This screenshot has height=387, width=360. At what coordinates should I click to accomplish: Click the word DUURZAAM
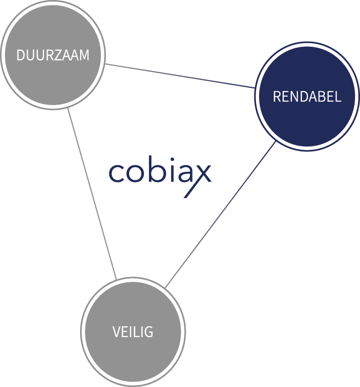click(x=53, y=55)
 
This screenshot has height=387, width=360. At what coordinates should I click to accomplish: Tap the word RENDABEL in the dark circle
click(x=307, y=97)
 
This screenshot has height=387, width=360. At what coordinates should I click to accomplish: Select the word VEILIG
click(x=133, y=332)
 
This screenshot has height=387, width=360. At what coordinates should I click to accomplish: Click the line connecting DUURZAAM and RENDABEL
click(x=180, y=75)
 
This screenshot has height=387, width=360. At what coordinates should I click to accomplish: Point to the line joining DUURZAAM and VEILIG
click(x=92, y=193)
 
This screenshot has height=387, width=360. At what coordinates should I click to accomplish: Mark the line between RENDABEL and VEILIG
click(x=220, y=215)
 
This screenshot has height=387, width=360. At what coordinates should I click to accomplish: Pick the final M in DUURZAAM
click(x=84, y=55)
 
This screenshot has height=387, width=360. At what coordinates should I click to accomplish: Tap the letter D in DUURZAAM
click(x=21, y=55)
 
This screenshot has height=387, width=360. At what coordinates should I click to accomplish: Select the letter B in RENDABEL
click(x=320, y=97)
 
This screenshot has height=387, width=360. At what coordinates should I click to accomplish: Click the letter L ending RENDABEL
click(x=338, y=97)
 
